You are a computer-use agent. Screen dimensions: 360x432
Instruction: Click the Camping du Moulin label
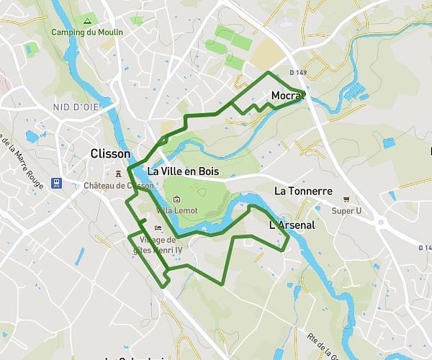87,32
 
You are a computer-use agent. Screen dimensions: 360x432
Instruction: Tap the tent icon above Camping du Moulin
87,22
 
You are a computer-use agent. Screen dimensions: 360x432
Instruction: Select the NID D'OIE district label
76,107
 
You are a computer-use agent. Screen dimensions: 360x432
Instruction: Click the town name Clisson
111,154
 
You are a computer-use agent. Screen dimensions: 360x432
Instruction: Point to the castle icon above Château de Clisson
120,173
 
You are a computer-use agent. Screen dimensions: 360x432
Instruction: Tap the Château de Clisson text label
118,186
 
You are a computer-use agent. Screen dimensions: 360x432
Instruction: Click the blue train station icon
57,182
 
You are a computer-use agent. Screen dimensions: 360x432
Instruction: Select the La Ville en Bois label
183,171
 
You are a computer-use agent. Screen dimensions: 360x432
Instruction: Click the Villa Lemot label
176,210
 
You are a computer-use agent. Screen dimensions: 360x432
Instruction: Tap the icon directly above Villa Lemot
177,199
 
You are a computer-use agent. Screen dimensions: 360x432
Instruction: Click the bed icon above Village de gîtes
148,229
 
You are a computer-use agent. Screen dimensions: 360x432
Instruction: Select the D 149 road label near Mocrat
298,73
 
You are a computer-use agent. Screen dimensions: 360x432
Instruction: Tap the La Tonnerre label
303,191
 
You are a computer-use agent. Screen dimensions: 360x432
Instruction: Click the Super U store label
346,211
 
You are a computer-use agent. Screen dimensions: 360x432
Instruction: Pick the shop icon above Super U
346,199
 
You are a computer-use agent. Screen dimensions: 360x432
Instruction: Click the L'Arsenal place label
292,225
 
